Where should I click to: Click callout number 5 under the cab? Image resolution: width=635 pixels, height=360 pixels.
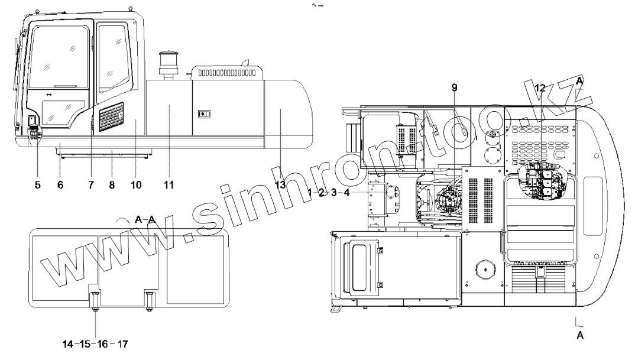click(38, 185)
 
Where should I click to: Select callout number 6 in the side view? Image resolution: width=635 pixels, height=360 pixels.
click(60, 185)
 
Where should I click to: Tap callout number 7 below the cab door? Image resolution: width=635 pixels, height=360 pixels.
click(91, 185)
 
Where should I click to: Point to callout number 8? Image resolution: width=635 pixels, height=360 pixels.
click(112, 185)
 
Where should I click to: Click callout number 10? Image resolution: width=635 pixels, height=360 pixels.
click(136, 185)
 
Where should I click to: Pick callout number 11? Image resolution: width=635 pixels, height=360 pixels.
click(169, 185)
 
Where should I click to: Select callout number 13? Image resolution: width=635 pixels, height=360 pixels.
click(280, 185)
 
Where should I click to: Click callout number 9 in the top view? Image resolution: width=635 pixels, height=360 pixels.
click(455, 87)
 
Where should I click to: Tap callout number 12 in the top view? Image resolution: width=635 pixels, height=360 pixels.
click(540, 87)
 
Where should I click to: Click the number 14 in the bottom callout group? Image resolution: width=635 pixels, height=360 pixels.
click(67, 344)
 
